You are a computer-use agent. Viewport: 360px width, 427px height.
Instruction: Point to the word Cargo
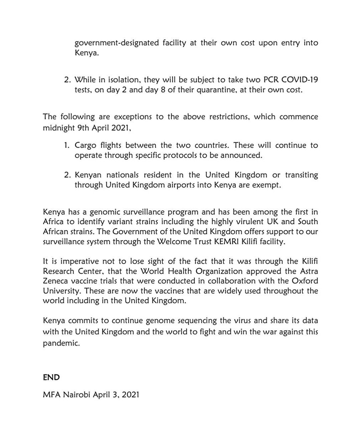click(x=84, y=146)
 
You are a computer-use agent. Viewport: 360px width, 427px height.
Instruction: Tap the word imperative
click(x=66, y=259)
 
